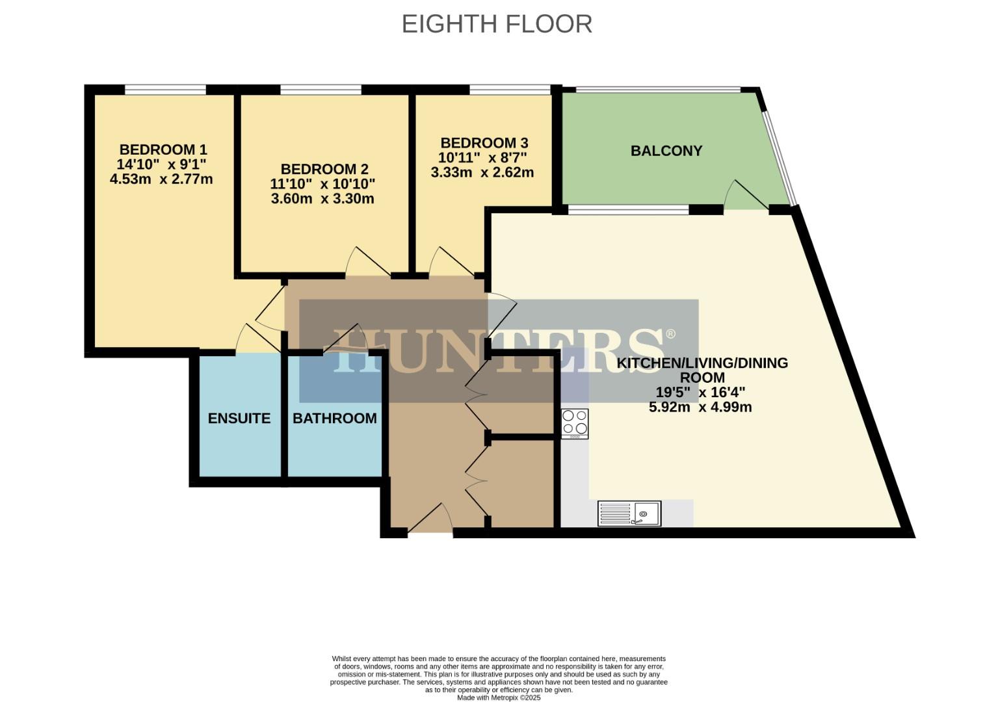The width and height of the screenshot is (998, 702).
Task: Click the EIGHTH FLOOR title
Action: [497, 24]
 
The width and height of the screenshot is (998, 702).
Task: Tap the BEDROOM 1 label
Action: [163, 150]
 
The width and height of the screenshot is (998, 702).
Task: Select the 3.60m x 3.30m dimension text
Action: [322, 199]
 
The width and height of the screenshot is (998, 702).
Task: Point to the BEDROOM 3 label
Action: [484, 143]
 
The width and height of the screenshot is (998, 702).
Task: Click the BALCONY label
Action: [666, 151]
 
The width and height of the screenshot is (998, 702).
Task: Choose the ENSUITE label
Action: [239, 418]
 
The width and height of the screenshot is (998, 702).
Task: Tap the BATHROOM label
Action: [335, 418]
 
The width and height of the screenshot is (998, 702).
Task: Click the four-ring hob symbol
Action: [575, 423]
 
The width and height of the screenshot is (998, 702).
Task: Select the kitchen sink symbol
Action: [629, 513]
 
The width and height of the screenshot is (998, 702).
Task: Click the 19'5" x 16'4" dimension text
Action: [700, 393]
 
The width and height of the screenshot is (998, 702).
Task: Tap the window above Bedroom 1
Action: [165, 90]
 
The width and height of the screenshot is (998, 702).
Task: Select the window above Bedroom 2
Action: [321, 90]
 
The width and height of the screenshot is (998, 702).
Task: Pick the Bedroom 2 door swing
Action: [366, 262]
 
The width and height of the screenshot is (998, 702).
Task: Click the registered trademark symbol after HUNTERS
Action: [670, 334]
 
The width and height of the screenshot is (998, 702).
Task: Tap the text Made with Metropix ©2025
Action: [499, 697]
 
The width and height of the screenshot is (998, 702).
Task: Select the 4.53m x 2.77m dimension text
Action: [161, 179]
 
